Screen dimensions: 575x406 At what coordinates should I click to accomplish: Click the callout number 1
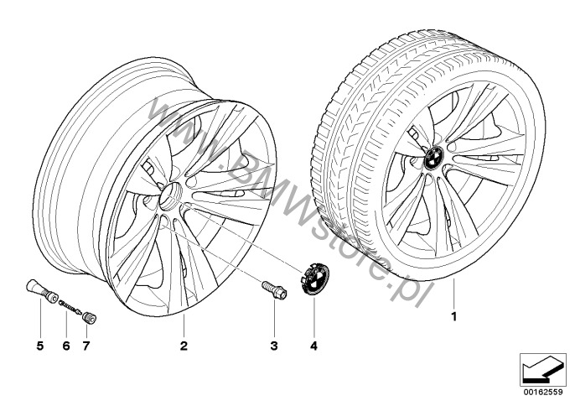tap(454, 316)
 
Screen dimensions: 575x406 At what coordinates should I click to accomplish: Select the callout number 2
tap(184, 346)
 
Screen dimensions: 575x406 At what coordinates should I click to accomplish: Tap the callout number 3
tap(274, 346)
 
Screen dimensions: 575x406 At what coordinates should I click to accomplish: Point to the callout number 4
tap(313, 346)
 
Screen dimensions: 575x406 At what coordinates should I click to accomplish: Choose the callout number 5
tap(40, 346)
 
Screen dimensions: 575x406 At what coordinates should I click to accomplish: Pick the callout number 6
tap(66, 346)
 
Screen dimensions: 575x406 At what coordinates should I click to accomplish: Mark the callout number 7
tap(86, 346)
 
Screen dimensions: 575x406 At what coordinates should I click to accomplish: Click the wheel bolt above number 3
tap(274, 290)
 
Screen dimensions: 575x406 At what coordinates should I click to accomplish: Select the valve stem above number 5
tap(42, 291)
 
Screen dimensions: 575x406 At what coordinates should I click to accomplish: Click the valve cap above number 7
tap(90, 318)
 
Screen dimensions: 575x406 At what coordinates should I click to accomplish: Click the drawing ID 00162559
tap(543, 392)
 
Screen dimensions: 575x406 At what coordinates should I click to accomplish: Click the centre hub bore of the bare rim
tap(170, 197)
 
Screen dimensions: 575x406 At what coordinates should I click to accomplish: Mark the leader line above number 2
tap(184, 326)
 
